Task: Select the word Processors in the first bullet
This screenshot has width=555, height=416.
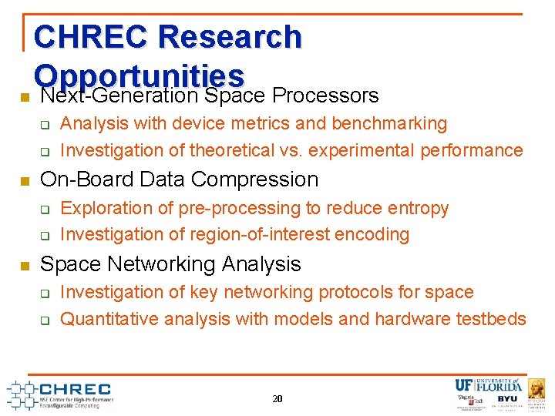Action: coord(325,96)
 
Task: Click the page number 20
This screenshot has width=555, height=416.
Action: coord(277,399)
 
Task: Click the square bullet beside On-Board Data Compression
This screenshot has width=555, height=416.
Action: coord(24,181)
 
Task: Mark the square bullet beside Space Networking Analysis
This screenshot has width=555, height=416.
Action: coord(24,266)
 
